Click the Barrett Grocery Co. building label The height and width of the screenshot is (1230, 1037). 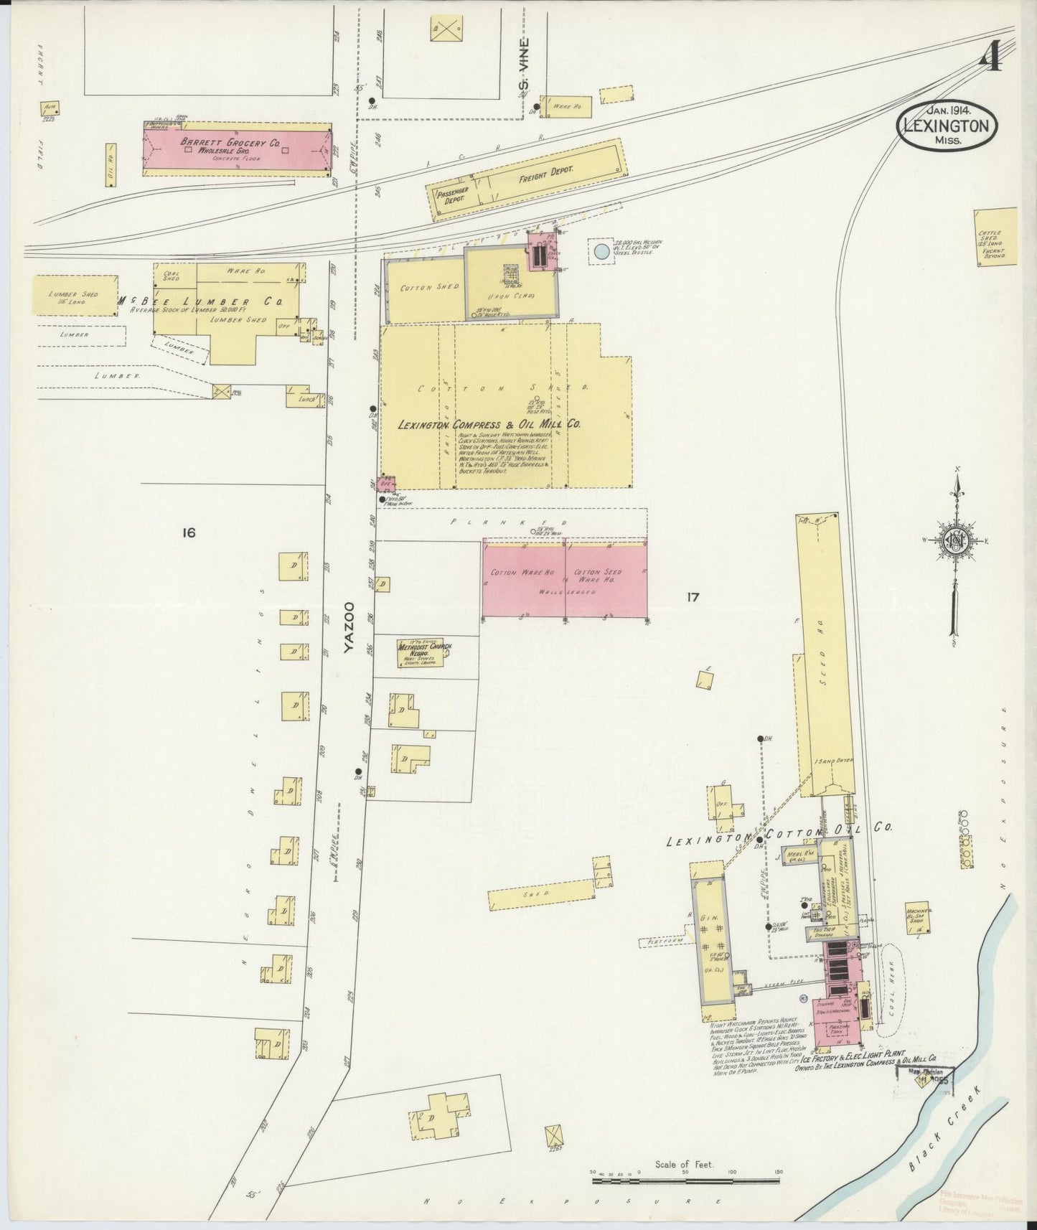click(x=230, y=143)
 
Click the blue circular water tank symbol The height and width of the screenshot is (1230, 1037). click(x=601, y=251)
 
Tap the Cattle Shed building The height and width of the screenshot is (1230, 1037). click(x=995, y=237)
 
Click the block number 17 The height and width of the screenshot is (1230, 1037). click(x=693, y=596)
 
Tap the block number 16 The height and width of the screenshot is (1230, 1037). click(x=189, y=532)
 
